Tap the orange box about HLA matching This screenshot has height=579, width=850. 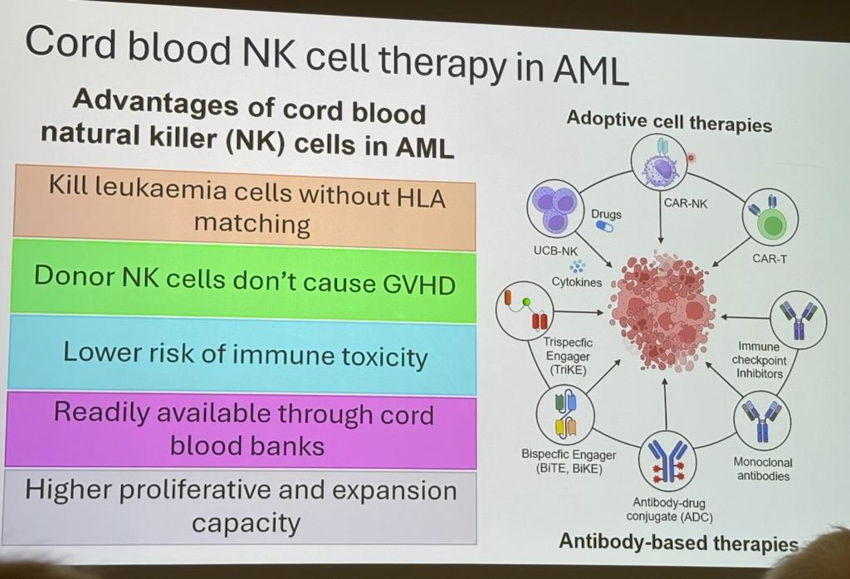pyautogui.click(x=246, y=207)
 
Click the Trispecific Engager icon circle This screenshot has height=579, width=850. pyautogui.click(x=526, y=311)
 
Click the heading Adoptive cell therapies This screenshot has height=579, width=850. pyautogui.click(x=669, y=122)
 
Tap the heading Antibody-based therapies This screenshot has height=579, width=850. pyautogui.click(x=678, y=543)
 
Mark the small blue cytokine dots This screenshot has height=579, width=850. pyautogui.click(x=578, y=265)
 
